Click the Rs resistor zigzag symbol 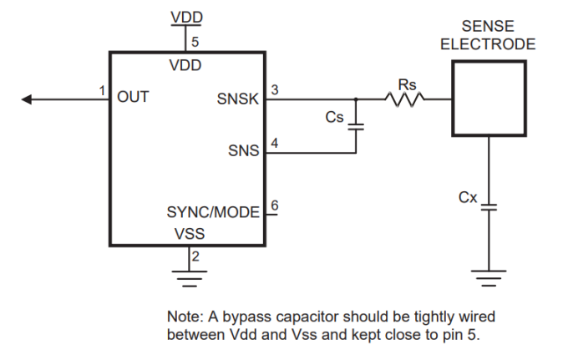click(x=406, y=99)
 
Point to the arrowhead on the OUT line click(x=27, y=99)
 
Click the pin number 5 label click(x=195, y=41)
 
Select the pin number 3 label click(x=276, y=89)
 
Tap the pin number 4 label click(x=276, y=143)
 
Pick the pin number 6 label click(x=276, y=203)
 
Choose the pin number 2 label click(x=195, y=256)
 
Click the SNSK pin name click(x=238, y=99)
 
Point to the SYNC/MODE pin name click(x=214, y=212)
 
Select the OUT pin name click(x=133, y=97)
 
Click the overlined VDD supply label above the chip click(x=185, y=18)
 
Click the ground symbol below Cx click(x=489, y=275)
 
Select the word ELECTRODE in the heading click(x=488, y=44)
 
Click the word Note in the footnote click(x=183, y=317)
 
